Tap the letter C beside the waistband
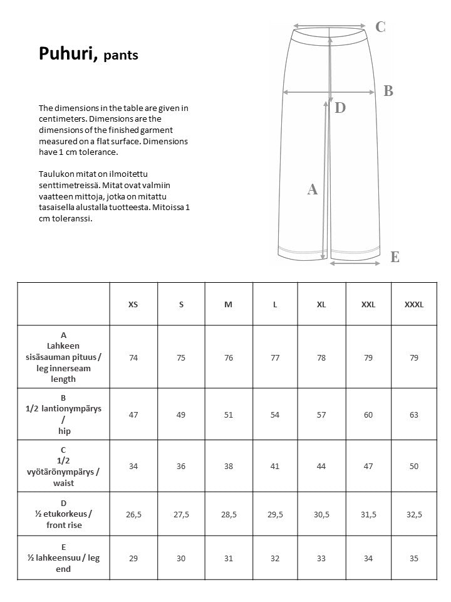(380, 27)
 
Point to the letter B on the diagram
(388, 91)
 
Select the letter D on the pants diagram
(340, 108)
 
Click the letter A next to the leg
(313, 189)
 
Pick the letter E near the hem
(395, 257)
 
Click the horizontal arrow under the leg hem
(355, 263)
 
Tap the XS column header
(133, 305)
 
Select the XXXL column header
(414, 305)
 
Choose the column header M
(229, 305)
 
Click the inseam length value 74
(133, 357)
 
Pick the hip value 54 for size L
(275, 415)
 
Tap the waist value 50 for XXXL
(414, 467)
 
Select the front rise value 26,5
(133, 514)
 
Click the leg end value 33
(321, 558)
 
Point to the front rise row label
(63, 514)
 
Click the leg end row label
(63, 558)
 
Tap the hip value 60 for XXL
(368, 415)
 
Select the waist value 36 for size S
(181, 467)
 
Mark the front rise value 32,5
(414, 514)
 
